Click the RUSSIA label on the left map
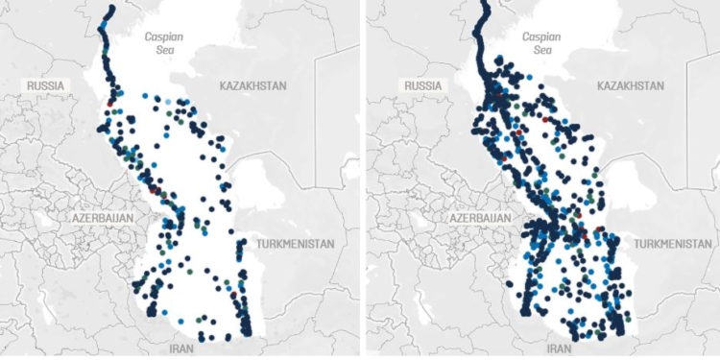point(45,85)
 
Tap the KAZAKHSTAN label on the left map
point(253,86)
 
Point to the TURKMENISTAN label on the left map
point(295,244)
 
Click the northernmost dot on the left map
point(112,8)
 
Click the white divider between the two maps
point(360,180)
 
